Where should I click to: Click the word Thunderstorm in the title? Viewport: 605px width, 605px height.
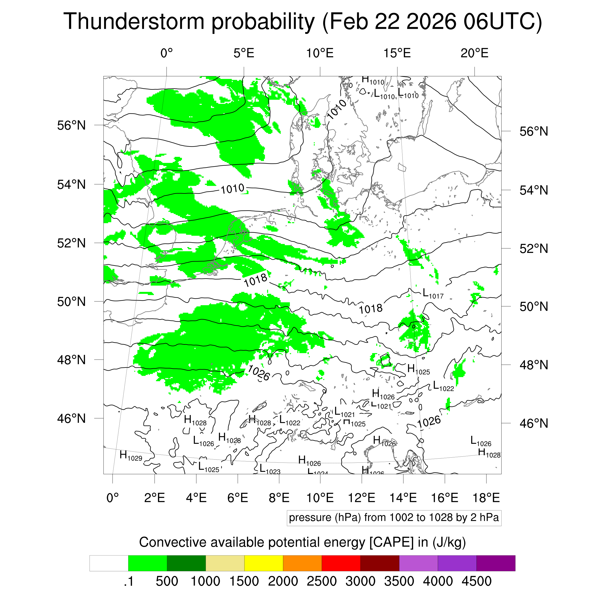[134, 22]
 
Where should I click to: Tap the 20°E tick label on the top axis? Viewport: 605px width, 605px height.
[474, 53]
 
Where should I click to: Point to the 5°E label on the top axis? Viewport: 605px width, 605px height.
[244, 53]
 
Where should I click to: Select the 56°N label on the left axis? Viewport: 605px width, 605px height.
[71, 126]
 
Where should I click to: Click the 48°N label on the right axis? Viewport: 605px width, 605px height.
[534, 365]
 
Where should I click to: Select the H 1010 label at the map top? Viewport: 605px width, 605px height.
[373, 80]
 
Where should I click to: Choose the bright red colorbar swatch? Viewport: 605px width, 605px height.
[341, 563]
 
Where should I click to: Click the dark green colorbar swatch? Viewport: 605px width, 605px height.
[186, 563]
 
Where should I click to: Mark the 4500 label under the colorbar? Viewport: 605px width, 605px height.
[476, 582]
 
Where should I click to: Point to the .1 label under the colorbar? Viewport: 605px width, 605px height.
[129, 582]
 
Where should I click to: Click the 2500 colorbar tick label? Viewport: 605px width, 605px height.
[322, 582]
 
